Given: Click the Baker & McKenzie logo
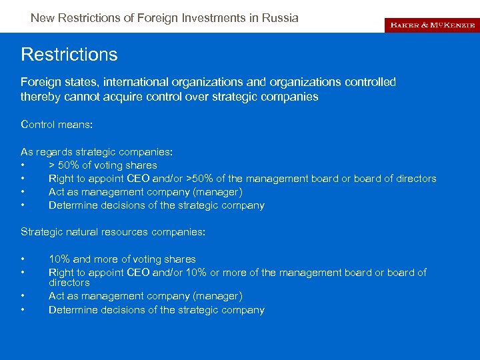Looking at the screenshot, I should click(432, 25).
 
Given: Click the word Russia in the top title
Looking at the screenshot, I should click(281, 18).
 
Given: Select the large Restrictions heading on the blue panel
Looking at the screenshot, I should click(69, 54).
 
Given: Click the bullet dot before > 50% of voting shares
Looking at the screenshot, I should click(23, 165).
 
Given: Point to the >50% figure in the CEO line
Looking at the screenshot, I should click(200, 179).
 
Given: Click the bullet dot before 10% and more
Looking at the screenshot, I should click(23, 259).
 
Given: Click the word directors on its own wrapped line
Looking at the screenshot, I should click(69, 283).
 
